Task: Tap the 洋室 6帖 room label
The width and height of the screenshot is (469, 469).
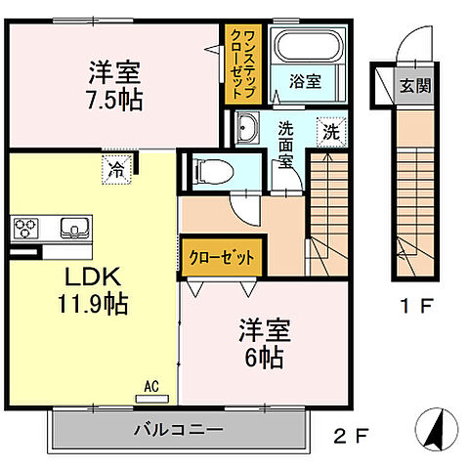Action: click(x=260, y=344)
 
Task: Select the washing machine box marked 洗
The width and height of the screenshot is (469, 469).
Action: click(x=330, y=132)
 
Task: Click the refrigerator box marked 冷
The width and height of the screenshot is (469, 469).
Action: click(x=116, y=168)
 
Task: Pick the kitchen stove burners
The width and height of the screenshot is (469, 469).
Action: click(x=25, y=228)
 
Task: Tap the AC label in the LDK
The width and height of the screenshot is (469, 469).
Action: click(x=152, y=386)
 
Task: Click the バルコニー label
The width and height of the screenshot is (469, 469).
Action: click(x=178, y=429)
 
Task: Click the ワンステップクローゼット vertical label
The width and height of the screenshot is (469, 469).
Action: click(x=240, y=65)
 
